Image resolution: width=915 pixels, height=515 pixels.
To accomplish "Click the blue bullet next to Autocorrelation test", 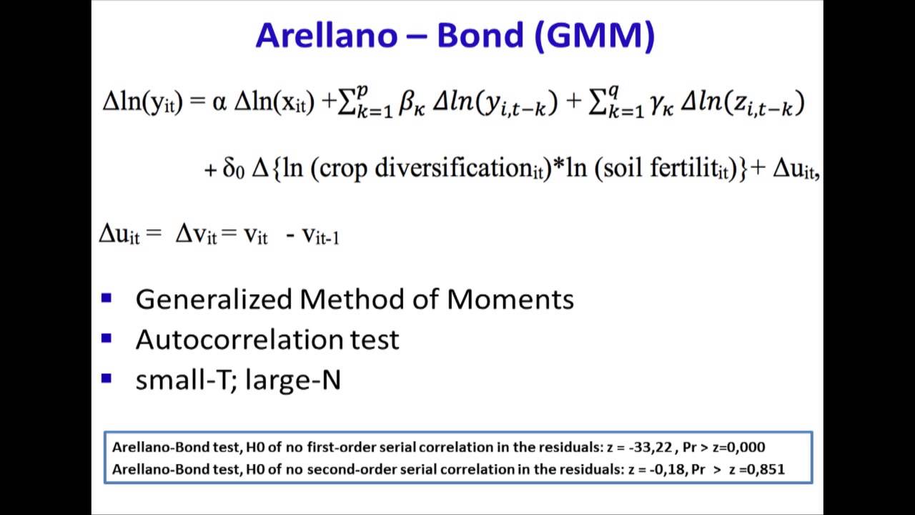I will [x=107, y=338].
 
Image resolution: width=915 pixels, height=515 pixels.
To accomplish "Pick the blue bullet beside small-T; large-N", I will [x=107, y=378].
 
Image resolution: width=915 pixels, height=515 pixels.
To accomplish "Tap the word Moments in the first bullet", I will [x=510, y=299].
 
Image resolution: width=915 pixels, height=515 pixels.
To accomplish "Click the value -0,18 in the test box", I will [x=662, y=469].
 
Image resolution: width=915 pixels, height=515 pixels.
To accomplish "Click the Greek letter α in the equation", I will [x=219, y=104].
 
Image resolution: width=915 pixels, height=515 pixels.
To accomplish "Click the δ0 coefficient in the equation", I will [x=234, y=169].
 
